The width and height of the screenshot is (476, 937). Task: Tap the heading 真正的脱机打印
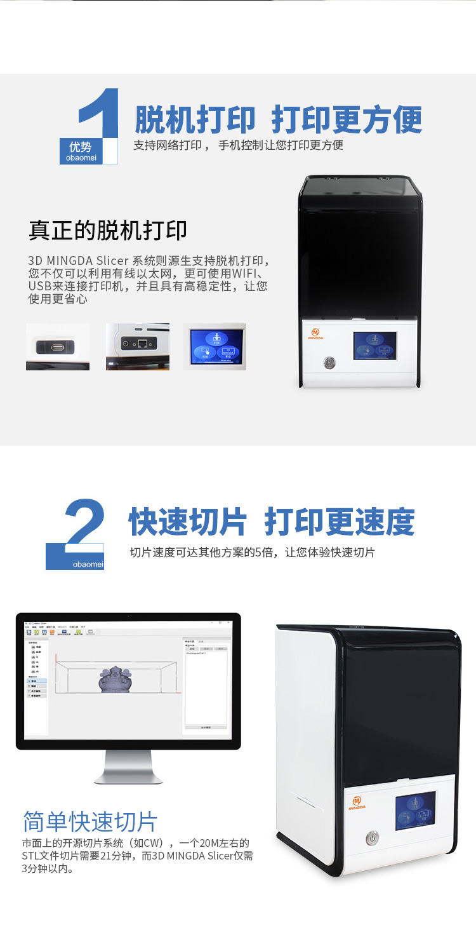(108, 231)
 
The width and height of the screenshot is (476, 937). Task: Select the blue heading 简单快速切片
(89, 821)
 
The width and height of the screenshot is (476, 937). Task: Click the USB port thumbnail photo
(58, 347)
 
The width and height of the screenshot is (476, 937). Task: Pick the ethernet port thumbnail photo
(138, 346)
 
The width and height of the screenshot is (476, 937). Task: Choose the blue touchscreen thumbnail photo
(215, 347)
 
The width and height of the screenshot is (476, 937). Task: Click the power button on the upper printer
(329, 363)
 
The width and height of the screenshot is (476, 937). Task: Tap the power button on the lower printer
(373, 838)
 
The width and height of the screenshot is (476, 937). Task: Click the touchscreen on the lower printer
(416, 811)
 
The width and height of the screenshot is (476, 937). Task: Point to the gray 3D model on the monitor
(114, 679)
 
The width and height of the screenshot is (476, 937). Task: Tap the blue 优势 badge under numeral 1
(81, 151)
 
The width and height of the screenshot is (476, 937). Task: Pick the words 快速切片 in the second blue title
(188, 522)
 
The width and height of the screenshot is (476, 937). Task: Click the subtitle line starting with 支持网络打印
(238, 145)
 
